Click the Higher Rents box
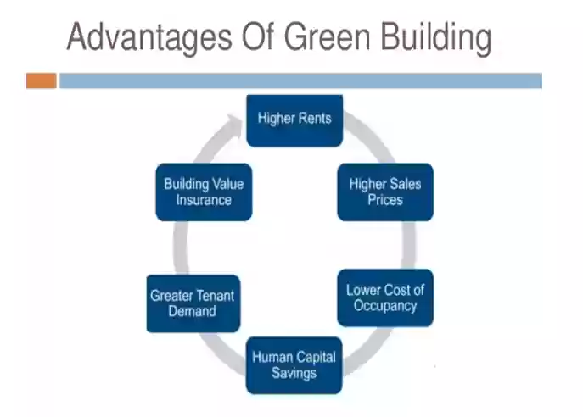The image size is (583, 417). pyautogui.click(x=294, y=120)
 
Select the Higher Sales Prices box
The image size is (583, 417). pyautogui.click(x=385, y=192)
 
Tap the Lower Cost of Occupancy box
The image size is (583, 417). pyautogui.click(x=385, y=297)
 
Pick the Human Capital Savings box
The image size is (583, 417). pyautogui.click(x=294, y=365)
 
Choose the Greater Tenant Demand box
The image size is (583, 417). pyautogui.click(x=193, y=303)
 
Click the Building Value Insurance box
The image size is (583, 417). pyautogui.click(x=204, y=192)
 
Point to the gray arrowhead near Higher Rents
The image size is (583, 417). pyautogui.click(x=235, y=123)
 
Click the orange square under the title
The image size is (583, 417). pyautogui.click(x=42, y=81)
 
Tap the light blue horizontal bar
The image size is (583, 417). pyautogui.click(x=300, y=81)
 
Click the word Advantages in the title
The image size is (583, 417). pyautogui.click(x=149, y=38)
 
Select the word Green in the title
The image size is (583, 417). pyautogui.click(x=328, y=37)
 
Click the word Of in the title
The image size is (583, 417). pyautogui.click(x=258, y=36)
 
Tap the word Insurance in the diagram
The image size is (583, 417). pyautogui.click(x=204, y=200)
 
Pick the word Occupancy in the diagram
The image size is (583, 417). pyautogui.click(x=385, y=306)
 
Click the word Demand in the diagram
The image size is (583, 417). pyautogui.click(x=193, y=311)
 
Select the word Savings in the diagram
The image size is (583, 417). pyautogui.click(x=294, y=373)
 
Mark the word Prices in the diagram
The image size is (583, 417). pyautogui.click(x=385, y=200)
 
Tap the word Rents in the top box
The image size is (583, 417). pyautogui.click(x=315, y=119)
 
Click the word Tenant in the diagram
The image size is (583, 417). pyautogui.click(x=214, y=296)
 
